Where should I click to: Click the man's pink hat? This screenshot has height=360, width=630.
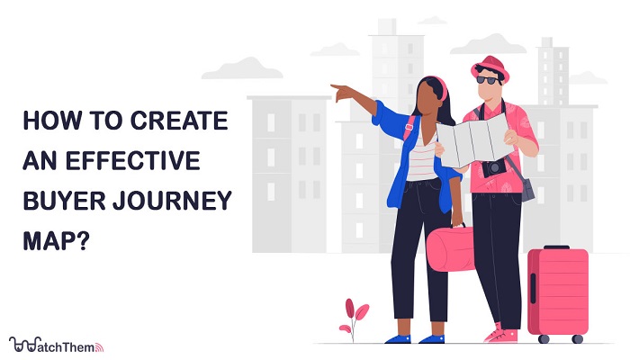(x=490, y=67)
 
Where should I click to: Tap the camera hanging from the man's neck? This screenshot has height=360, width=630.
(x=494, y=167)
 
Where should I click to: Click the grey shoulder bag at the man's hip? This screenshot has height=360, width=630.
(x=526, y=189)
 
